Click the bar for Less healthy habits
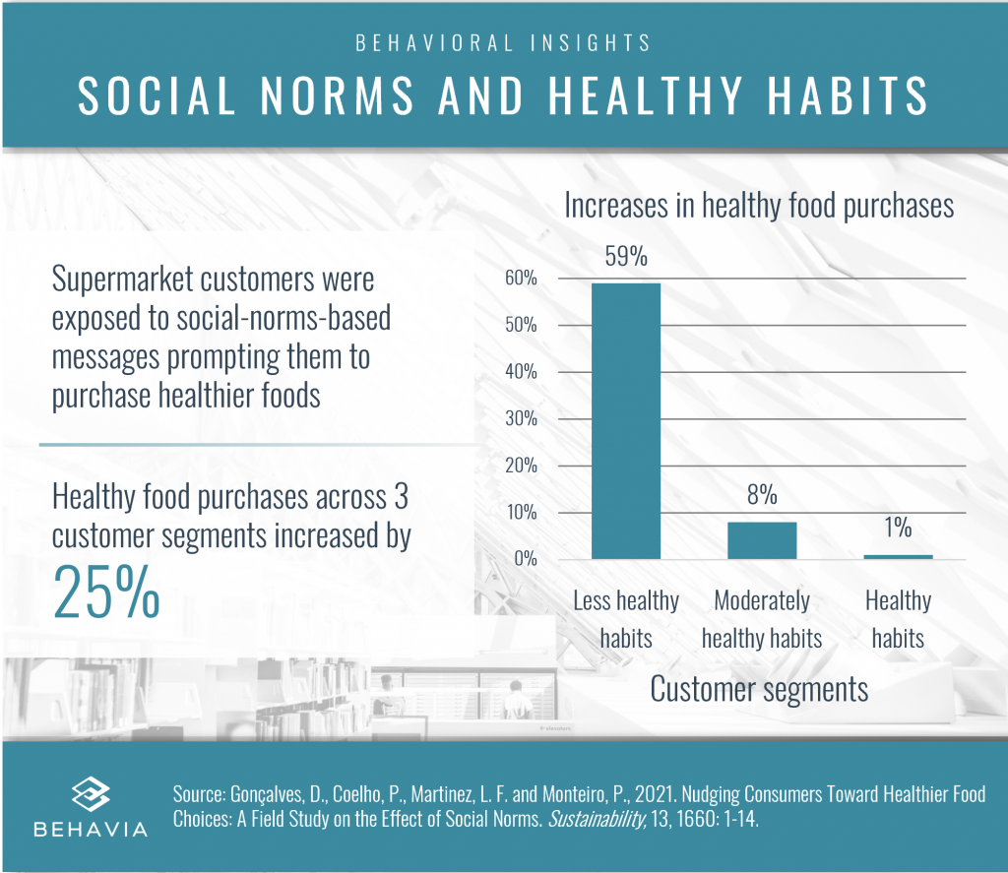625,421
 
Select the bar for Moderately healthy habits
762,540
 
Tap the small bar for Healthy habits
898,556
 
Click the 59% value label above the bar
625,259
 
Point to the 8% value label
762,495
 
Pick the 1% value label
898,529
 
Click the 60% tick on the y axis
522,279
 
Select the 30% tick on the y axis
522,419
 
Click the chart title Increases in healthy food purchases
759,206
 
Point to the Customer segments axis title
759,689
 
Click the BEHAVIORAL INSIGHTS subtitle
503,43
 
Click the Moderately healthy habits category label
762,619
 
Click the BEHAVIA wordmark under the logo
91,829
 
